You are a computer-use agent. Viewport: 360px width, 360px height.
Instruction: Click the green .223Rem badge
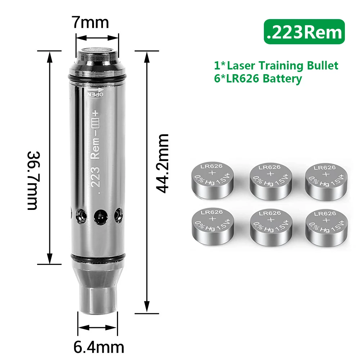[304, 32]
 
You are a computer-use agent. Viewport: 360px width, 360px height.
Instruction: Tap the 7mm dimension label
[90, 22]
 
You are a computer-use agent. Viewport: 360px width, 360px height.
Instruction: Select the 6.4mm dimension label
[99, 348]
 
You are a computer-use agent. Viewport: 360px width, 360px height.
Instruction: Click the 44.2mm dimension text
[162, 163]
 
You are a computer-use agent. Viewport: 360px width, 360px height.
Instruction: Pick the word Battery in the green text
[282, 78]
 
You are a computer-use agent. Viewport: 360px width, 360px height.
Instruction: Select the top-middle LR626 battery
[271, 181]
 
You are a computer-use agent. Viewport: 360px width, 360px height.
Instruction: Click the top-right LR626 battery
[326, 182]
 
